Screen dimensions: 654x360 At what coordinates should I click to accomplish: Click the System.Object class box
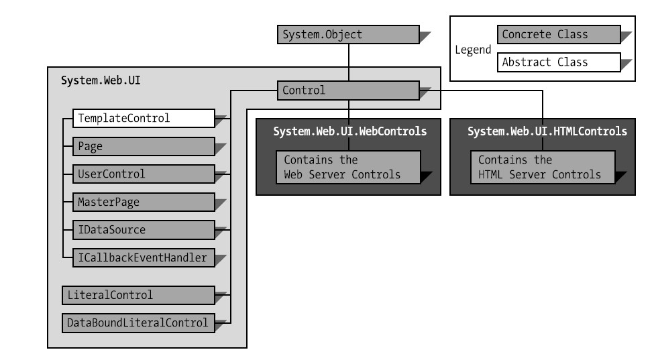tap(348, 35)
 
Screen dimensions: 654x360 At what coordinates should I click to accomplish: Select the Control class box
tap(348, 91)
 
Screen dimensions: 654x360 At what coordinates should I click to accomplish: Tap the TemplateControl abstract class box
tap(144, 119)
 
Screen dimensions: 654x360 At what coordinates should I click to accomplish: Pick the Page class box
tap(144, 146)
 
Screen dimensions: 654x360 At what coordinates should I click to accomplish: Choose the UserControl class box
tap(144, 174)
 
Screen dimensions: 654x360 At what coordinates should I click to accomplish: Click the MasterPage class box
tap(144, 202)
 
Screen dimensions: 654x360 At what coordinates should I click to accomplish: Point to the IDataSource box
tap(144, 230)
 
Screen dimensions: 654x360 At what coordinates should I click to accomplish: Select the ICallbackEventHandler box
tap(144, 257)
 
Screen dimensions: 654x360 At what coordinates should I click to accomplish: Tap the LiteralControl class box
tap(138, 295)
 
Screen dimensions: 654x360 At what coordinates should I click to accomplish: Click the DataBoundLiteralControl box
tap(138, 323)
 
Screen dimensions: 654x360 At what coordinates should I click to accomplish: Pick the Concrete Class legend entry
tap(559, 35)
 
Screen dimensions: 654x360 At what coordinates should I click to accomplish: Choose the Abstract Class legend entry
tap(559, 62)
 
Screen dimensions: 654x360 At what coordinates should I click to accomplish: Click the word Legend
tap(473, 50)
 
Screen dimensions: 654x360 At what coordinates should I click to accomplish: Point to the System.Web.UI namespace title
tap(101, 80)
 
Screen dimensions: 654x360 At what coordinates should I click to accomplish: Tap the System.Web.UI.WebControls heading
tap(350, 131)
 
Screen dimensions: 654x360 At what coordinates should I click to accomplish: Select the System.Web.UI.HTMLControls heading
tap(547, 131)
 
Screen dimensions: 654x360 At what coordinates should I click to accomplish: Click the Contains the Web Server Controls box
tap(348, 167)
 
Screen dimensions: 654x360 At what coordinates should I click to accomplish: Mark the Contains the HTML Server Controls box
tap(543, 167)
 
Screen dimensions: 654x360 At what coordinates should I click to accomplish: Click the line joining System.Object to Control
tap(349, 62)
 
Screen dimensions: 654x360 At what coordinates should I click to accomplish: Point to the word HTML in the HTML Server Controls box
tap(490, 174)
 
